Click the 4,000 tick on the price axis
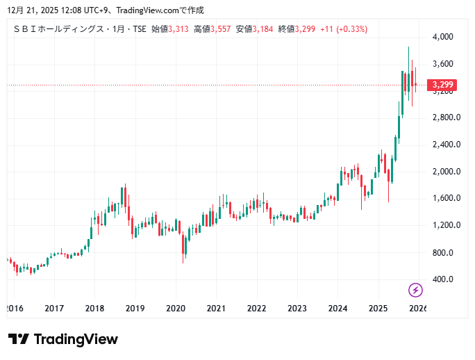(442, 37)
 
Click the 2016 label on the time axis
(14, 308)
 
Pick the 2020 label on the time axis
(176, 308)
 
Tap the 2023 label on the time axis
(297, 308)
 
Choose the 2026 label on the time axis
(417, 308)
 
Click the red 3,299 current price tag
(442, 85)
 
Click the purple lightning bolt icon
(415, 290)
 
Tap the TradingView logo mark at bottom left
(19, 339)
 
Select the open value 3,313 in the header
(178, 29)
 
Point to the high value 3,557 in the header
(221, 29)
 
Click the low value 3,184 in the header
(263, 29)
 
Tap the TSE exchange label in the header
(138, 29)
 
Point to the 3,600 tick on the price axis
(442, 64)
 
